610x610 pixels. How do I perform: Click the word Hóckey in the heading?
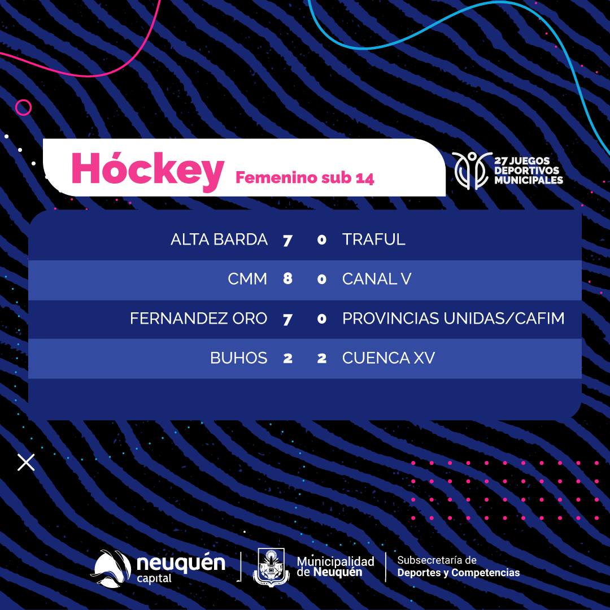coord(148,171)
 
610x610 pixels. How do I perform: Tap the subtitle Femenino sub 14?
coord(305,178)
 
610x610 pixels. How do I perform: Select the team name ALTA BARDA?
coord(219,239)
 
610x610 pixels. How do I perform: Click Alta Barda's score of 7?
coord(287,240)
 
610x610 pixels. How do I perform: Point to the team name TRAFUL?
coord(373,239)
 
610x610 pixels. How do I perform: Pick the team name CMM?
coord(247,279)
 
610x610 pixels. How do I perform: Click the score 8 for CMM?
coord(288,278)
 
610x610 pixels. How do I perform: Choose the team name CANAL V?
coord(377,279)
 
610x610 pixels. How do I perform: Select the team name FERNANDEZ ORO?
coord(198,318)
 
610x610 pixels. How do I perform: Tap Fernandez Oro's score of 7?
coord(287,319)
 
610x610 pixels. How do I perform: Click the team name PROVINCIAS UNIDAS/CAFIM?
coord(453,318)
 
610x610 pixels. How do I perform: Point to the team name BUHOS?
coord(238,358)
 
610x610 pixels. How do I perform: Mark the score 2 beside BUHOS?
coord(288,358)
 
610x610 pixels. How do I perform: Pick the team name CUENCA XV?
coord(388,358)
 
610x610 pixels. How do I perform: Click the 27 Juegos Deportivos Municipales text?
coord(528,171)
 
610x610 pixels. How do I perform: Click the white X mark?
coord(26,462)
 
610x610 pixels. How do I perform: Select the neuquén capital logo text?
coord(181,568)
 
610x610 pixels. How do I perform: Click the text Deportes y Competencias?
coord(458,573)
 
